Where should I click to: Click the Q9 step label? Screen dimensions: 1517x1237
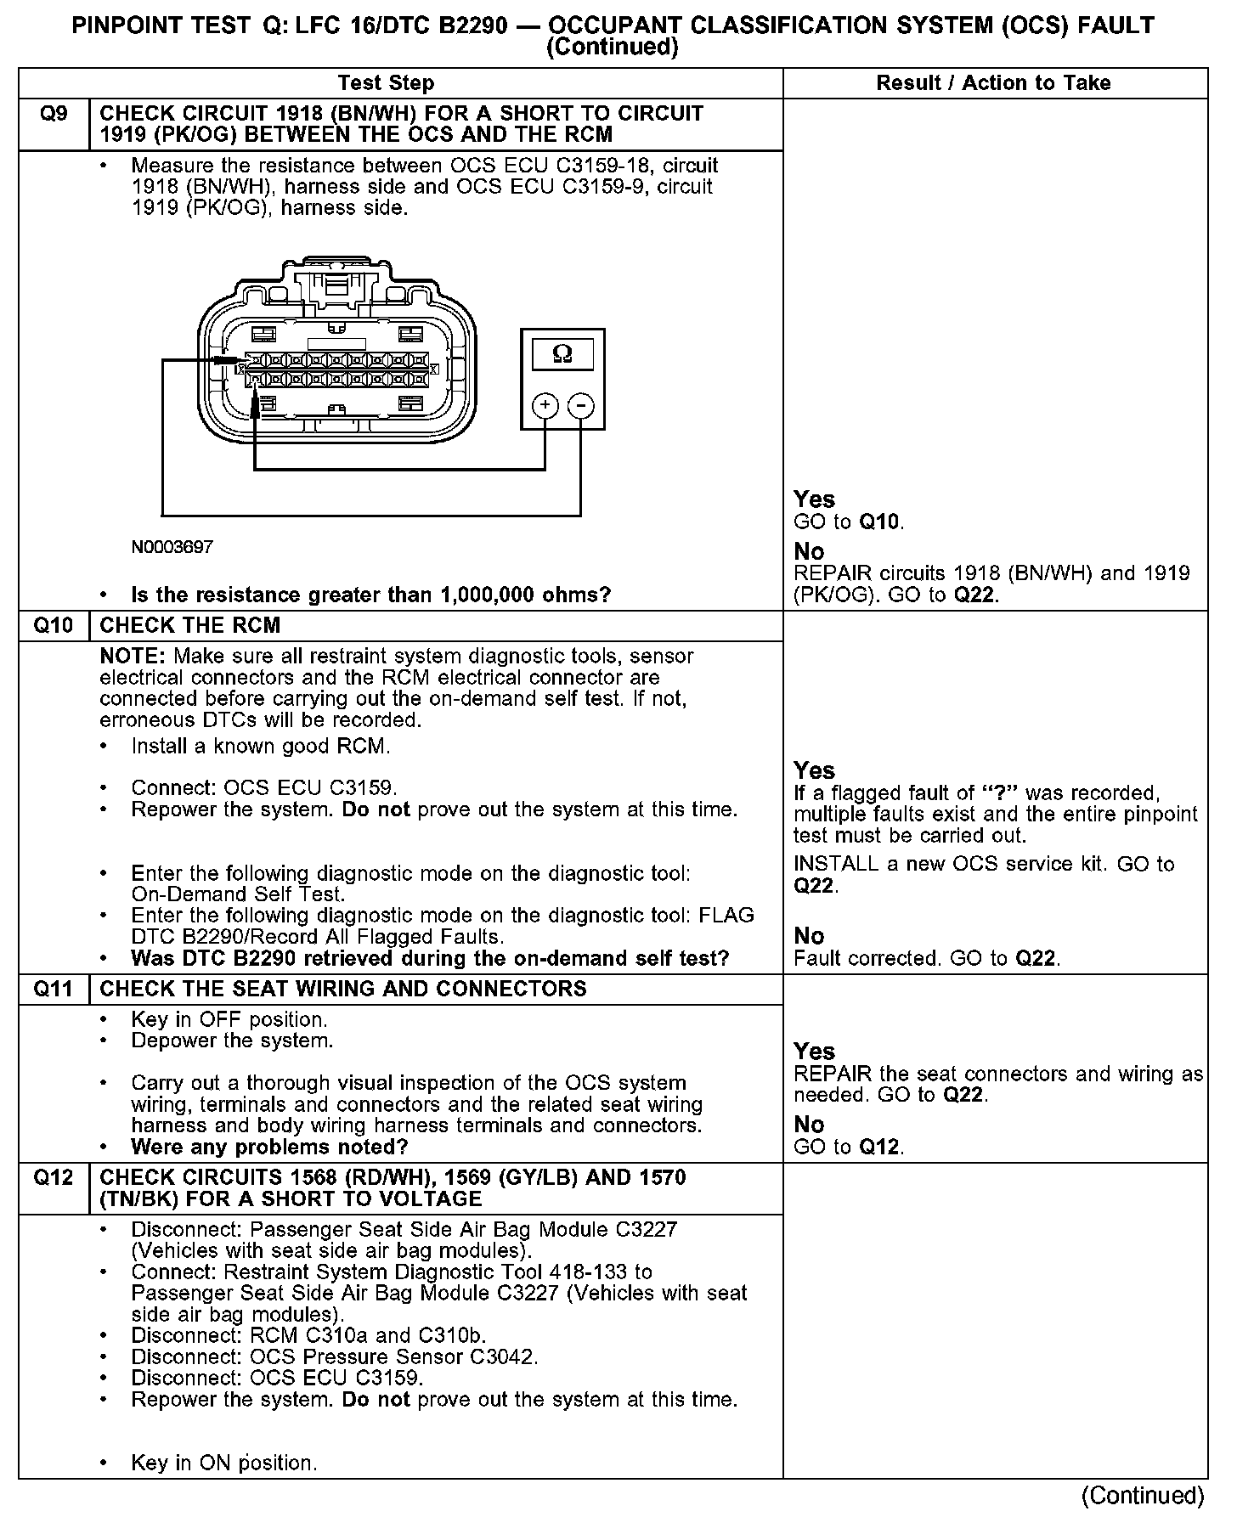click(54, 114)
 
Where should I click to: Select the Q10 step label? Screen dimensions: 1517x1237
click(54, 626)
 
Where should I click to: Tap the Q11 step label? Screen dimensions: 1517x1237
click(54, 989)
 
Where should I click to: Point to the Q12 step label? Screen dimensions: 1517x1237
click(54, 1177)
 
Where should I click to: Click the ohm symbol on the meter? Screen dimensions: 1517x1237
click(562, 353)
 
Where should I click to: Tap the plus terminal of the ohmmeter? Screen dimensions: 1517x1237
click(545, 406)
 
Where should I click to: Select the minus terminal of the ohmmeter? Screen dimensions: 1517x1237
click(580, 406)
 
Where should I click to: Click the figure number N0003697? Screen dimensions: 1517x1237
click(172, 547)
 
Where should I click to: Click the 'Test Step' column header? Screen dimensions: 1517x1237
click(386, 83)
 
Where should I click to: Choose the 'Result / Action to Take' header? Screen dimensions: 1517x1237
click(993, 83)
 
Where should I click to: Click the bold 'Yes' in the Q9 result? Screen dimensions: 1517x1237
click(814, 499)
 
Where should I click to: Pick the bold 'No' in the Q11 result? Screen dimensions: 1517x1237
click(809, 1125)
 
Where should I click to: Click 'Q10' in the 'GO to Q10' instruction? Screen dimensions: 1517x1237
click(879, 522)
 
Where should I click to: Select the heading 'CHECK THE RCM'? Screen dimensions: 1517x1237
click(189, 626)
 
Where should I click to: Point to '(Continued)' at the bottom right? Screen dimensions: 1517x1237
click(1142, 1495)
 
